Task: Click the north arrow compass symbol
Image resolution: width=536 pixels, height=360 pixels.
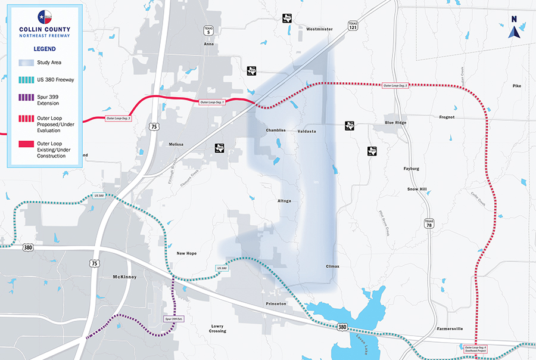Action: point(514,27)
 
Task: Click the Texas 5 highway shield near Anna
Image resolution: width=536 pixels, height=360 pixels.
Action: point(208,32)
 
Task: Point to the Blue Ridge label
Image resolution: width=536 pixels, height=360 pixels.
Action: point(395,122)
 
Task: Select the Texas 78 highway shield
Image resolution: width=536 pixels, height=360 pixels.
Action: point(429,223)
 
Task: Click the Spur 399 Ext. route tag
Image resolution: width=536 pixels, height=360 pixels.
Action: point(174,319)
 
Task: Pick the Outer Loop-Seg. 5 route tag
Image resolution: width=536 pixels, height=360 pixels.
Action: point(395,86)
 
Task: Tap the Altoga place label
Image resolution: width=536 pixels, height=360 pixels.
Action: point(284,201)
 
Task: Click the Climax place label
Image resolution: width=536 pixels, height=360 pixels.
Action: point(332,266)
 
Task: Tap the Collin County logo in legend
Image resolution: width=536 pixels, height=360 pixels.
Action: point(44,16)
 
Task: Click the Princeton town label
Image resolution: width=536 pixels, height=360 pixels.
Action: point(276,303)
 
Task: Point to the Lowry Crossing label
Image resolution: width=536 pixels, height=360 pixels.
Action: point(217,328)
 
